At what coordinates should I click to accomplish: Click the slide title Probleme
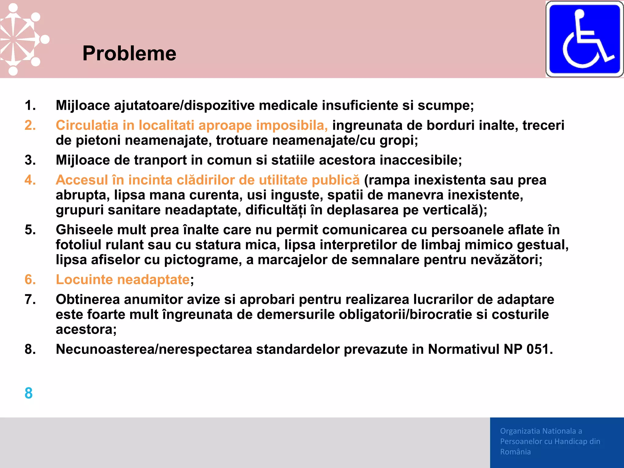(x=129, y=54)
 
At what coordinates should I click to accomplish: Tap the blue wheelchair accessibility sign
(x=584, y=39)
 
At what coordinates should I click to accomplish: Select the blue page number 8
(x=29, y=393)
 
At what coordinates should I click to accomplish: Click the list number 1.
(x=30, y=105)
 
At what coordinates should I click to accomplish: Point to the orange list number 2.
(x=30, y=125)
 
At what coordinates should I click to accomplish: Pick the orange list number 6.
(x=30, y=279)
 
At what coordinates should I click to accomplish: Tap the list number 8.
(x=30, y=349)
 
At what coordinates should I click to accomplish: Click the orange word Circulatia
(x=87, y=125)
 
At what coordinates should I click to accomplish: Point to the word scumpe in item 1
(x=445, y=105)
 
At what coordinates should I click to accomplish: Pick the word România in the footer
(x=515, y=452)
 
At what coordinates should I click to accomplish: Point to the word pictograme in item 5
(x=202, y=260)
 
